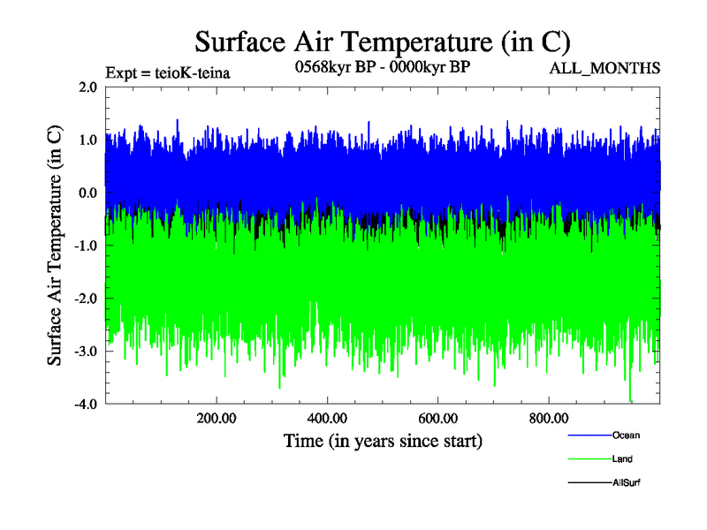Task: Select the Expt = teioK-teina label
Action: coord(167,72)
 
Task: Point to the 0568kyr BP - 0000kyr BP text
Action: coord(382,67)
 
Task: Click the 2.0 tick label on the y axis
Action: coord(87,87)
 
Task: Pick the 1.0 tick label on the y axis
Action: coord(87,140)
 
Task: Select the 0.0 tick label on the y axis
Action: coord(87,193)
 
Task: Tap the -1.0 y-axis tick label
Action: coord(86,246)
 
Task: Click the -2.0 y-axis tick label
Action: coord(86,299)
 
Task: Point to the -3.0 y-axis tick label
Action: coord(86,352)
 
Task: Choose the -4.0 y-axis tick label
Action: coord(86,405)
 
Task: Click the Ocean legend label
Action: coord(626,435)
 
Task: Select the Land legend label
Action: coord(622,459)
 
